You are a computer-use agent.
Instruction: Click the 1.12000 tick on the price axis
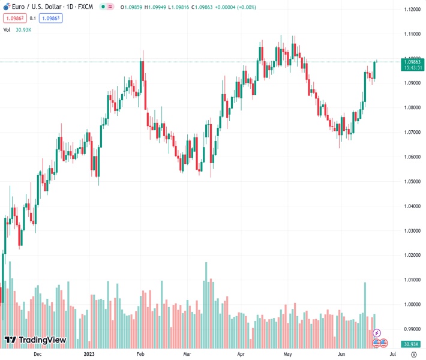412,10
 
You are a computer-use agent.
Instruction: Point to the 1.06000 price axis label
412,157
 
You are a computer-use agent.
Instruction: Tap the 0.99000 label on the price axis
412,329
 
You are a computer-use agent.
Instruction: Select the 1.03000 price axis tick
412,231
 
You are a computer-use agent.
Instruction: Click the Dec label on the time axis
37,355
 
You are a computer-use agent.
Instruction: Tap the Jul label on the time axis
392,355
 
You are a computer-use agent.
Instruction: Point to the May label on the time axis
287,355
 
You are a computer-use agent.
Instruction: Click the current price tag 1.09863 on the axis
412,62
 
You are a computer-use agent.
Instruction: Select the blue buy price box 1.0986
51,18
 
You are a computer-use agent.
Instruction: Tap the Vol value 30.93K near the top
25,29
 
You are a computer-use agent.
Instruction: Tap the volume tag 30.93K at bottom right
411,344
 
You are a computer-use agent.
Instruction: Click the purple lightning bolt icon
377,332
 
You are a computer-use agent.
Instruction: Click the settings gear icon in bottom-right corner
413,355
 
